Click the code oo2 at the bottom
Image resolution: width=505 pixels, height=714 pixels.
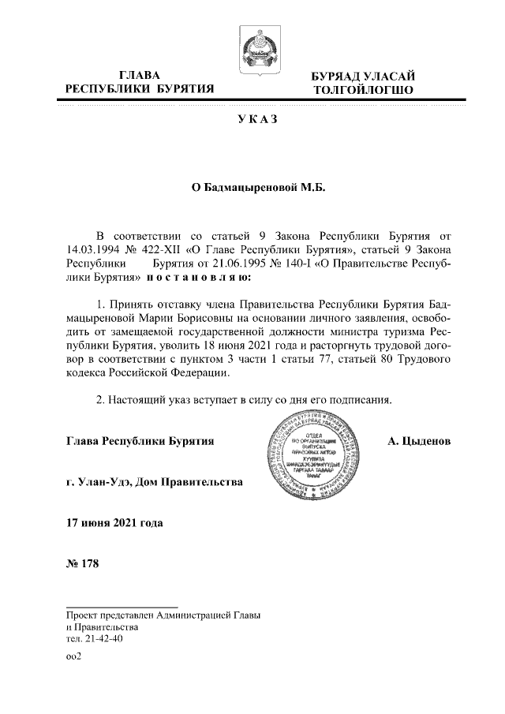[75, 655]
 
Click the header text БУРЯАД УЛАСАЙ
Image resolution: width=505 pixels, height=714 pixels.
[364, 76]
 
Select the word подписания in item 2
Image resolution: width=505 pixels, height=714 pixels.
[364, 400]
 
